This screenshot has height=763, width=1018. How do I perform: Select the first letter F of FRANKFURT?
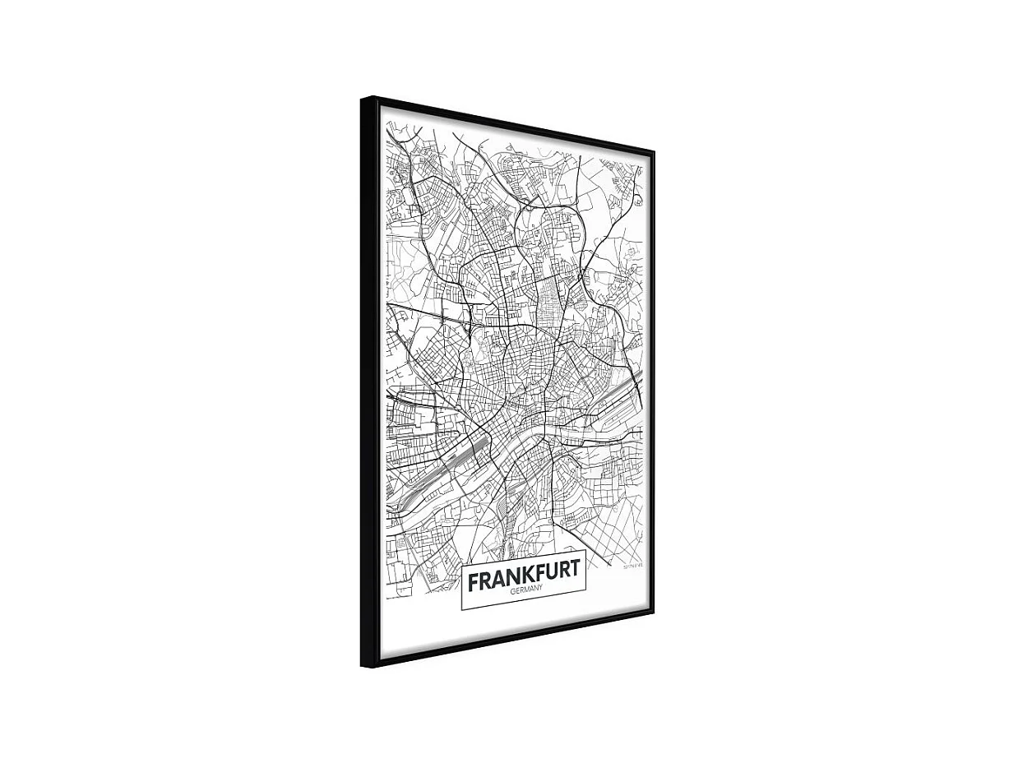click(x=474, y=581)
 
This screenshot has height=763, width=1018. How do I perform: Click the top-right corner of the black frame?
click(x=654, y=151)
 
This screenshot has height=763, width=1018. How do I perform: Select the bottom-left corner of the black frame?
click(x=363, y=666)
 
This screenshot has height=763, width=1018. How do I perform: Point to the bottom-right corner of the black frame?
click(x=654, y=612)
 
